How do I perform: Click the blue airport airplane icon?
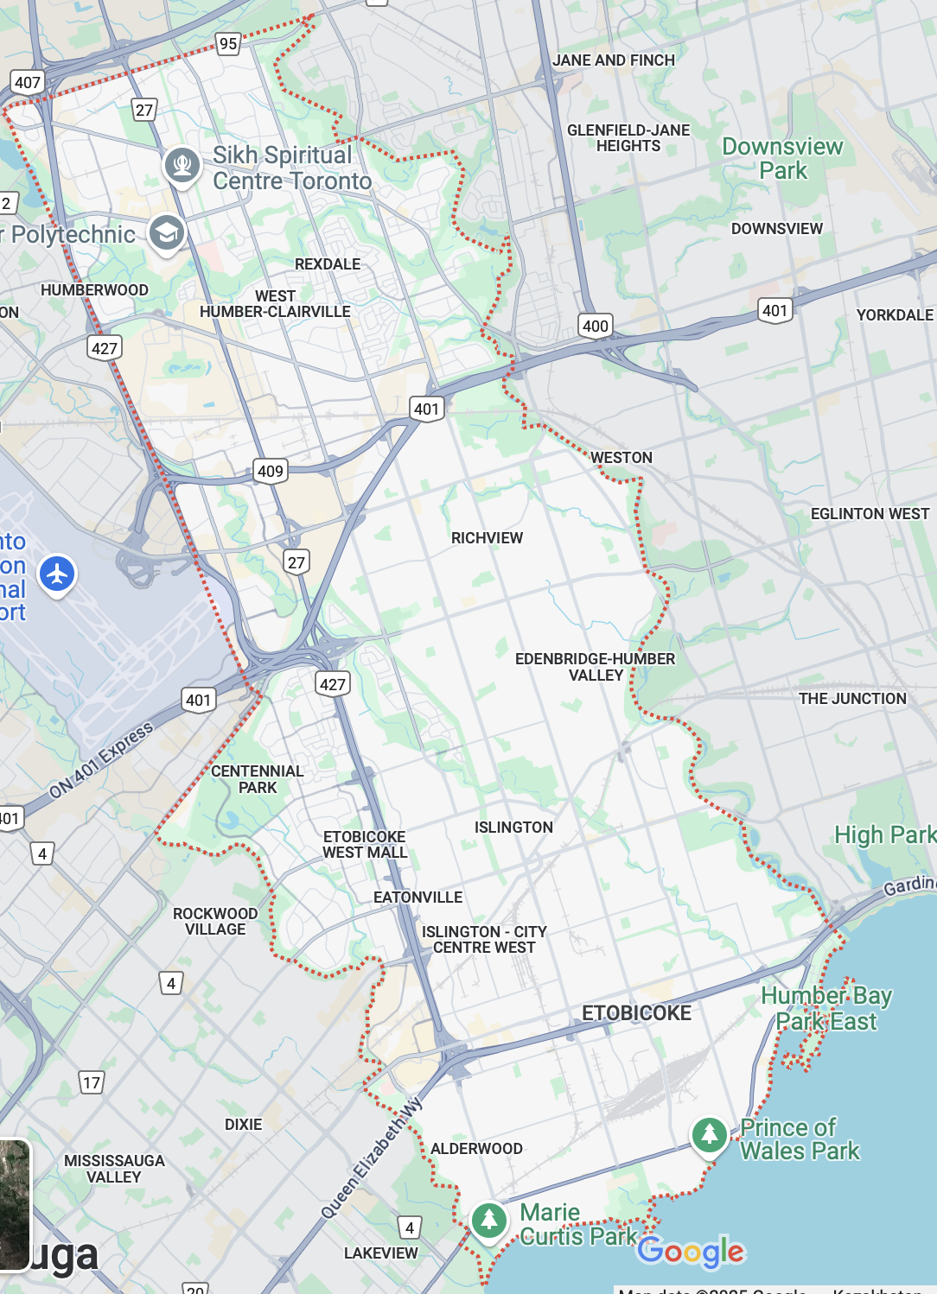click(x=57, y=574)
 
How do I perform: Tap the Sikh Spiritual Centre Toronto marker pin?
click(x=182, y=164)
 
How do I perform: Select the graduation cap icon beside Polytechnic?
click(x=166, y=232)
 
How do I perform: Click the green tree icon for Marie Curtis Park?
click(x=488, y=1220)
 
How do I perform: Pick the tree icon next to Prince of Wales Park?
click(x=709, y=1133)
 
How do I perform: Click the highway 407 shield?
click(x=27, y=83)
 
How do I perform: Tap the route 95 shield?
click(x=227, y=44)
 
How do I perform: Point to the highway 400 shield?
click(x=595, y=326)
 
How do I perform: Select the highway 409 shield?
click(x=270, y=471)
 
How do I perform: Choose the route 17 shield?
click(x=92, y=1082)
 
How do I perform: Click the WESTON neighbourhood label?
click(x=621, y=458)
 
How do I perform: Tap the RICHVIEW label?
click(x=487, y=538)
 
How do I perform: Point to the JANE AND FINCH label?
click(x=613, y=60)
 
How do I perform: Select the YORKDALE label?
click(x=894, y=315)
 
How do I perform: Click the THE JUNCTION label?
click(x=851, y=699)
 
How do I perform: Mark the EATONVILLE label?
click(x=418, y=898)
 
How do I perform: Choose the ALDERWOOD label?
click(x=476, y=1149)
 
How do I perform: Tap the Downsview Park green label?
click(x=782, y=158)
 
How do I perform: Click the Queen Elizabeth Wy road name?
click(x=372, y=1158)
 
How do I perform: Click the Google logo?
click(x=691, y=1251)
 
